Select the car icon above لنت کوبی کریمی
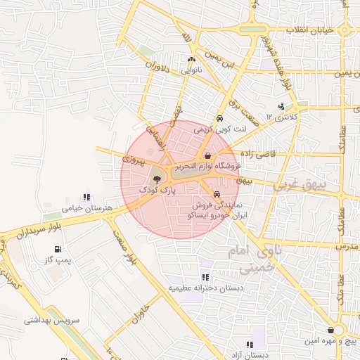pos(220,119)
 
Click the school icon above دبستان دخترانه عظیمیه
pos(205,277)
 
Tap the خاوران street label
pos(140,312)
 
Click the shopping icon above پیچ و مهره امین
pos(330,330)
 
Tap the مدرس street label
pos(347,247)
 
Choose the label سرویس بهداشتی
pos(32,319)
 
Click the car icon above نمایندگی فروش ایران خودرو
pos(217,193)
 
